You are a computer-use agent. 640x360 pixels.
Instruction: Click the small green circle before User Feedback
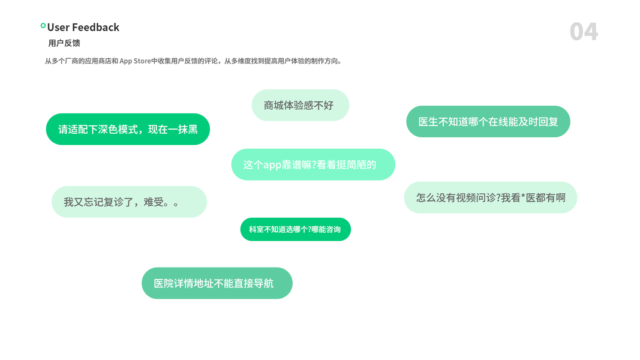pos(43,26)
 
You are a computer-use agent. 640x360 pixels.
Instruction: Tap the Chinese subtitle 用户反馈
pos(64,43)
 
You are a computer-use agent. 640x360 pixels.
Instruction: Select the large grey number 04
pos(584,31)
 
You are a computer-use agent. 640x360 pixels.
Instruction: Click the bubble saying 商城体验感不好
pos(300,105)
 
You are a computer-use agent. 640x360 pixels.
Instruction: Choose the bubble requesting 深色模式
pos(128,129)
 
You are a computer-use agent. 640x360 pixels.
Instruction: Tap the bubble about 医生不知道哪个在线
pos(488,122)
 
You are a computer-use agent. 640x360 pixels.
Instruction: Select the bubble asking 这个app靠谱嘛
pos(313,164)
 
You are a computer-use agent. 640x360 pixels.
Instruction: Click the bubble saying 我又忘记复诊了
pos(129,202)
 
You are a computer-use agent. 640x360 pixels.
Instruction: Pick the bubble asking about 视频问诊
pos(490,197)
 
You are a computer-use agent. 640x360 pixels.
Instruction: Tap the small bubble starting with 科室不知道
pos(295,229)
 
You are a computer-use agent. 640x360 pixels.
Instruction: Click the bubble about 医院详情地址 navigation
pos(217,283)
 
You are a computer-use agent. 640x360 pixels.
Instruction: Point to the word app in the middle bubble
pos(273,165)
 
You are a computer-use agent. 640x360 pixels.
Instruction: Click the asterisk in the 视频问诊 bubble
pos(522,197)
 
